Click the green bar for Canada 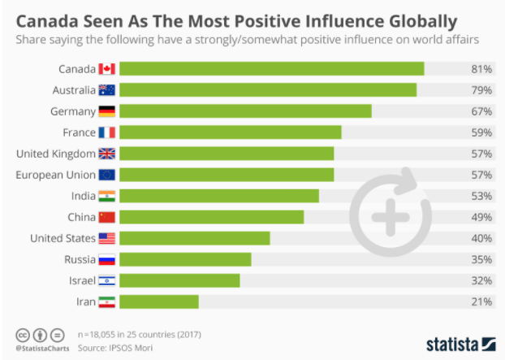tap(277, 69)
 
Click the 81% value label tap(481, 69)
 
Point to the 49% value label tap(481, 217)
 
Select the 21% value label tap(481, 301)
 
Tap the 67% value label tap(481, 111)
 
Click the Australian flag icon tap(107, 90)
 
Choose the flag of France tap(107, 132)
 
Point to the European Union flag tap(107, 175)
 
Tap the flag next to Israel tap(107, 280)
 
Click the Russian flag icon tap(107, 259)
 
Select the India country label tap(82, 196)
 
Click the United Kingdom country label tap(55, 154)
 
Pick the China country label tap(80, 217)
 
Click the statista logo tap(460, 342)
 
